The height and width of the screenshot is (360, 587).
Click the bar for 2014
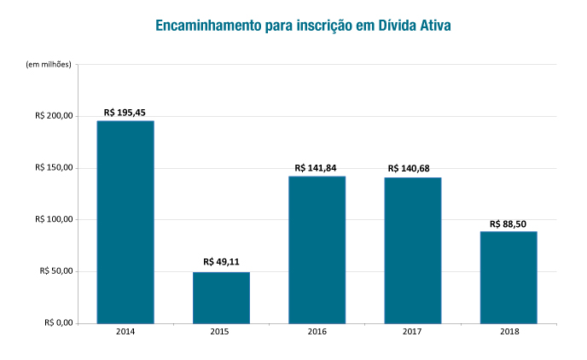click(125, 222)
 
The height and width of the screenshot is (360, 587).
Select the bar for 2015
click(221, 298)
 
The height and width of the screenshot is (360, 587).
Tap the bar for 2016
click(317, 250)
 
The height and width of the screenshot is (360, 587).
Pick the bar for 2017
click(412, 251)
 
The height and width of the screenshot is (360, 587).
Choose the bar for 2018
click(508, 277)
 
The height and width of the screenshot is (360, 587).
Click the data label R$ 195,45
click(125, 113)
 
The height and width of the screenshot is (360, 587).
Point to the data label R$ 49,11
click(221, 263)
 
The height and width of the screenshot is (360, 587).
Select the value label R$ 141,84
click(317, 168)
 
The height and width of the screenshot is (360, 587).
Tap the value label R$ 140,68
click(412, 169)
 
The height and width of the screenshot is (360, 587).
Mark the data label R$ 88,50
click(508, 224)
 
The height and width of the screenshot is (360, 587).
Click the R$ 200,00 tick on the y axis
click(53, 116)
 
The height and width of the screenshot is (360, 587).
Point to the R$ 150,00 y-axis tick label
click(53, 168)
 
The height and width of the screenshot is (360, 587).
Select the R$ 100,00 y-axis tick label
click(53, 219)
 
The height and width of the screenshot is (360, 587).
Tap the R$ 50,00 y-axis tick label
click(55, 271)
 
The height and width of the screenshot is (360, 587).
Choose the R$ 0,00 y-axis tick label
click(57, 323)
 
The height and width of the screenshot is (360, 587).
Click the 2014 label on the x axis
click(125, 332)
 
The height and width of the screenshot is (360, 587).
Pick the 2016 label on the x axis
click(317, 332)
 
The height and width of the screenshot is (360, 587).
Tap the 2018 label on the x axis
click(508, 332)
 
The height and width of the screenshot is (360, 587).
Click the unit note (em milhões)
click(49, 65)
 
